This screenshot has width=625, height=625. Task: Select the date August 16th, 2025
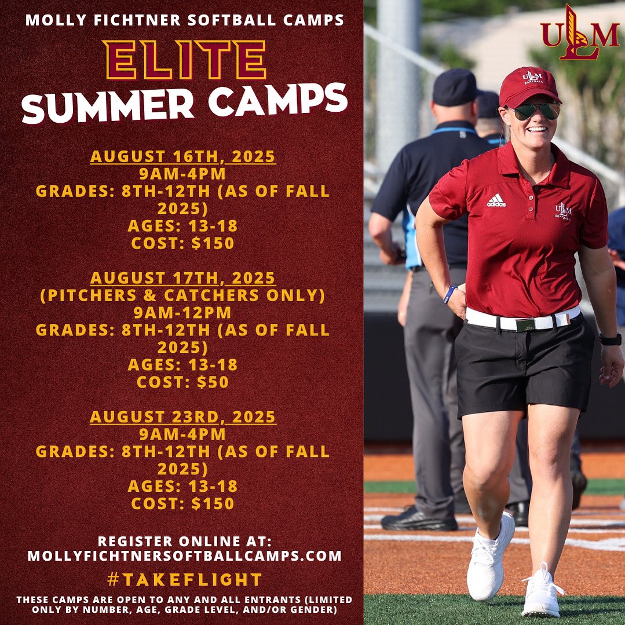point(183,157)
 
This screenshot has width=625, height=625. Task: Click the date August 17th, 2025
point(183,278)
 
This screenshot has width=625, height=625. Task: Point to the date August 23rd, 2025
point(183,417)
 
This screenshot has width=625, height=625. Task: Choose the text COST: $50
point(183,382)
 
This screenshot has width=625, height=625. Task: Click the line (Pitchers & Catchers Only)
point(183,295)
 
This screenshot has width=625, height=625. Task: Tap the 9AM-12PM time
point(183,313)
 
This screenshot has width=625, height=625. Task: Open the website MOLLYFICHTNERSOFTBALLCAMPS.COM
point(184,556)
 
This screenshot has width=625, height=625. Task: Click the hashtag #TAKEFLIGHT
point(184,579)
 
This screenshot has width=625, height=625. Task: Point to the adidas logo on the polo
point(496,200)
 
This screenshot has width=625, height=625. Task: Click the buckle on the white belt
point(526,324)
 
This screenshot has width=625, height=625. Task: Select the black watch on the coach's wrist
point(610,339)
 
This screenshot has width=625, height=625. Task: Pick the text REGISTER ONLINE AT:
point(184,541)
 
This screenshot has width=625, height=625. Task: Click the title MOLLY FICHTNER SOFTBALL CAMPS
point(184,21)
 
